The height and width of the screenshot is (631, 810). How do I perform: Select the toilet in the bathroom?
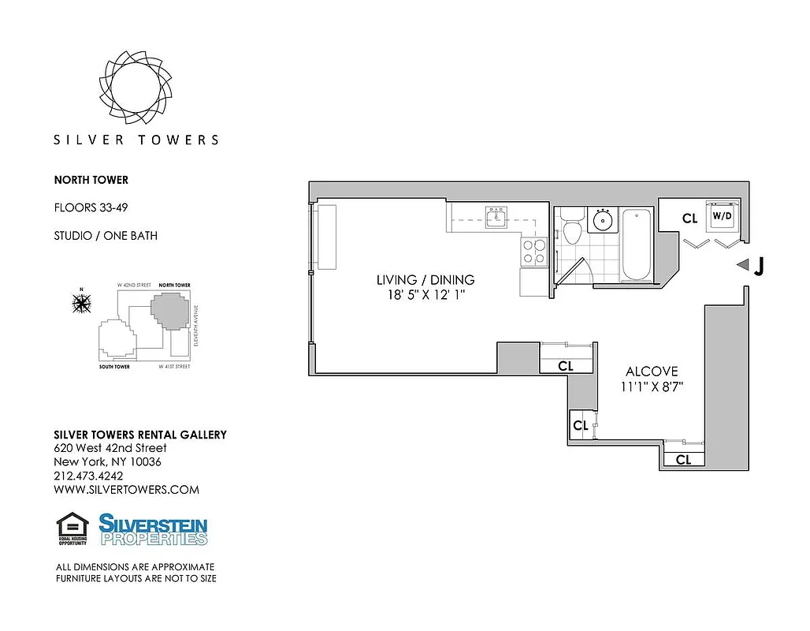(x=573, y=227)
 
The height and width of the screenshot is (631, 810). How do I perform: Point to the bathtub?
(x=637, y=245)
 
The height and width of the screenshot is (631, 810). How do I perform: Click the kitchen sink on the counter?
(x=496, y=217)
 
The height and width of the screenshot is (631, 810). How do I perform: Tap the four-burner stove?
(x=533, y=251)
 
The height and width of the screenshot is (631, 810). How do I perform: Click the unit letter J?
(x=758, y=267)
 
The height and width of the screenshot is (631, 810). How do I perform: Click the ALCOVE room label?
(x=652, y=372)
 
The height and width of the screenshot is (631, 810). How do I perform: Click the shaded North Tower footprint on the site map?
(x=169, y=312)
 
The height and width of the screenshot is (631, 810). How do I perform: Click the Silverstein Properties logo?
(x=153, y=529)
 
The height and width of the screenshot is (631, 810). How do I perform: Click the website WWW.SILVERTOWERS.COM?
(x=126, y=489)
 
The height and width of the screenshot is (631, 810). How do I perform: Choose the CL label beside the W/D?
(x=689, y=218)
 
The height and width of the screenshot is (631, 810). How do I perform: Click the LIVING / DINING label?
(x=425, y=280)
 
